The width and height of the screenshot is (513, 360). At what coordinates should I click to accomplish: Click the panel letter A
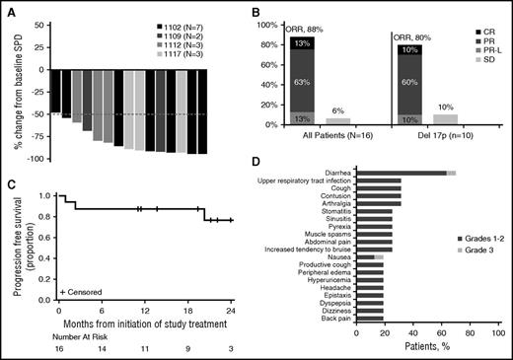[8, 9]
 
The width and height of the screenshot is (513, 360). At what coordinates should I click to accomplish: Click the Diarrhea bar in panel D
[403, 173]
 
